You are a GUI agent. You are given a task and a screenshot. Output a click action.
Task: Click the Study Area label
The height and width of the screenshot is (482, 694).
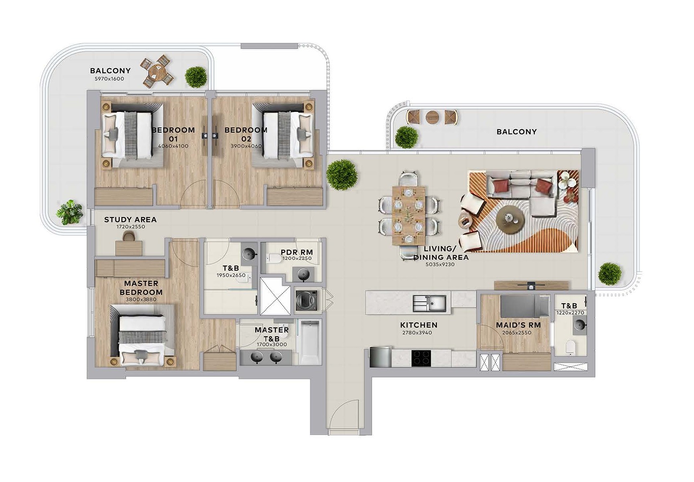pyautogui.click(x=130, y=220)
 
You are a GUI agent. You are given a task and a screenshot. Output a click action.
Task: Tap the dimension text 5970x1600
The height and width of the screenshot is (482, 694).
pyautogui.click(x=109, y=79)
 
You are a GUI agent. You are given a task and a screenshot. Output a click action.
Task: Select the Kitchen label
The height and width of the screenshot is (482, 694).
pyautogui.click(x=419, y=325)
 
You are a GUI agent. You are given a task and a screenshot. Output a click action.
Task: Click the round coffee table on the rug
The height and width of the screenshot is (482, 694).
pyautogui.click(x=510, y=219)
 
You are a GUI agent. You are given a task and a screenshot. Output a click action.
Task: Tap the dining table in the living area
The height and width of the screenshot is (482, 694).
pyautogui.click(x=409, y=215)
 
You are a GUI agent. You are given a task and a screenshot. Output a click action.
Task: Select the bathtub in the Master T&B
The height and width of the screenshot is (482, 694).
pyautogui.click(x=310, y=342)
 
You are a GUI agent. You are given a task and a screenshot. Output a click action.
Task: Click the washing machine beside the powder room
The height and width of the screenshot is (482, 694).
pyautogui.click(x=306, y=299)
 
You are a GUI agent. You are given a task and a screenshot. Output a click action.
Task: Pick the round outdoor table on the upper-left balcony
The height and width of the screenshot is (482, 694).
pyautogui.click(x=157, y=72)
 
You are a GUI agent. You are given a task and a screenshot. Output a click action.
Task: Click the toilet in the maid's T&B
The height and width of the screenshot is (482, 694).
pyautogui.click(x=570, y=348)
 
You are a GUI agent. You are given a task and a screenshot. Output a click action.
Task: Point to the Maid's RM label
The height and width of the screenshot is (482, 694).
pyautogui.click(x=518, y=325)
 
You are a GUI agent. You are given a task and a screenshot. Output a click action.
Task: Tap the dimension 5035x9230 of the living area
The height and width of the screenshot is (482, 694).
pyautogui.click(x=440, y=264)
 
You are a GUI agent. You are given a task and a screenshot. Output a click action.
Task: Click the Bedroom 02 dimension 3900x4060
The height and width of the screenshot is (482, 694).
pyautogui.click(x=246, y=146)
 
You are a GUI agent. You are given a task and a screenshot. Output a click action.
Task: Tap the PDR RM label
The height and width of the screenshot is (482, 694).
pyautogui.click(x=297, y=252)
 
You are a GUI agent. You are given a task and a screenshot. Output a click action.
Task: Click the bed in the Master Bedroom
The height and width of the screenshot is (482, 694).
pyautogui.click(x=142, y=335)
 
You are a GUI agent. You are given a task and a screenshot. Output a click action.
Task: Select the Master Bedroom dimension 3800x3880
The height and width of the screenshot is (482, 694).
pyautogui.click(x=141, y=299)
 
